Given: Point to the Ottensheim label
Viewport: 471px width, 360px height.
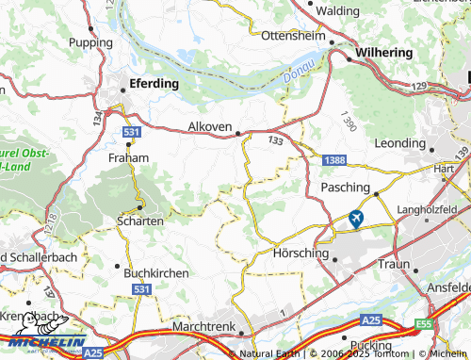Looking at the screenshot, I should click(292, 35).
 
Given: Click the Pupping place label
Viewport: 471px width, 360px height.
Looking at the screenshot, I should click(89, 42).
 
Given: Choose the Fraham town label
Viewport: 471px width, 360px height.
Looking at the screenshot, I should click(128, 158).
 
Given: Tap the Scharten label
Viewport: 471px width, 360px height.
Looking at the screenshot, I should click(139, 220).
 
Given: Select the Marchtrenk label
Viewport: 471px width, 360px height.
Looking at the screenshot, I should click(203, 326).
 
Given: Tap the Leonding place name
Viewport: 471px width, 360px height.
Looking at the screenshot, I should click(400, 142).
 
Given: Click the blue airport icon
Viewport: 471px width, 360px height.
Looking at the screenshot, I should click(356, 219).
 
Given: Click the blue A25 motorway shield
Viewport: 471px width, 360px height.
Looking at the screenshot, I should click(91, 352).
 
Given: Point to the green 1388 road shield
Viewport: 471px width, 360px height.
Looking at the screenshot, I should click(333, 161).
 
